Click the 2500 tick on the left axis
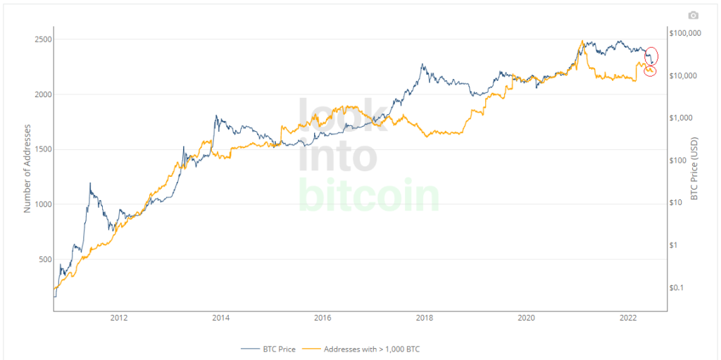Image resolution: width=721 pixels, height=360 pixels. coord(43,39)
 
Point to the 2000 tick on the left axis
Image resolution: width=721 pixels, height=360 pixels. coord(43,94)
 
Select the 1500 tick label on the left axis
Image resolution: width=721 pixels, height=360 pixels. coord(43,149)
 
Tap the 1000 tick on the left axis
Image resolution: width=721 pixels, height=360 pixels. coord(43,204)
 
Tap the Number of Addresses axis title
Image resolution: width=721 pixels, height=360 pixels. coord(27,167)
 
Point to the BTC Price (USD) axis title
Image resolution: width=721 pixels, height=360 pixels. coord(694,168)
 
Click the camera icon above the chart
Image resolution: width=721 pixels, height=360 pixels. coord(694,15)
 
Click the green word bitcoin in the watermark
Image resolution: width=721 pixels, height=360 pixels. coord(368,195)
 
